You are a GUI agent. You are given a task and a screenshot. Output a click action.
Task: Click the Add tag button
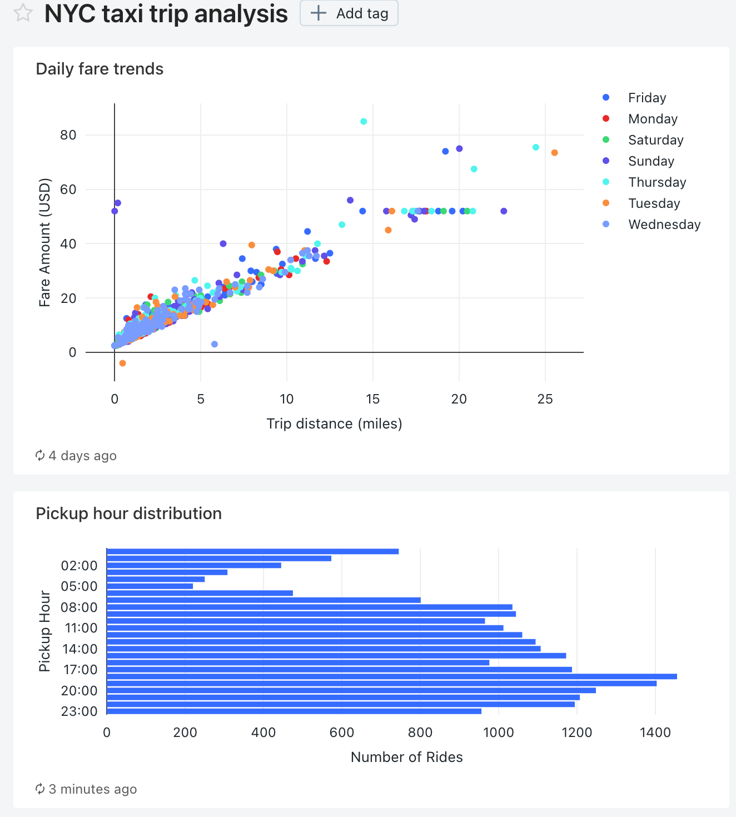coord(349,13)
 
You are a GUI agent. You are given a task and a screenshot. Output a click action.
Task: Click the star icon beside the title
coord(23,13)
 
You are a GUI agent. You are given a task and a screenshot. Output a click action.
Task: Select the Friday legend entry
coord(647,98)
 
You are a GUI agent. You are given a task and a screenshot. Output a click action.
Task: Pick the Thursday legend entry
coord(657,182)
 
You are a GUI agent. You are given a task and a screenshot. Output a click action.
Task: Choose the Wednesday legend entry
coord(664,225)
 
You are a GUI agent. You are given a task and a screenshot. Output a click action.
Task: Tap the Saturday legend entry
coord(655,140)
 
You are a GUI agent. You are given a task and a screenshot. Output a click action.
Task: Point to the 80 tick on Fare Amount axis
coord(68,135)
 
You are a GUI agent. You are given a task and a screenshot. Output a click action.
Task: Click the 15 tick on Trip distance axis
coord(372,399)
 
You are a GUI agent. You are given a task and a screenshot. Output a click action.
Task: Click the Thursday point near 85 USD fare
coord(364,121)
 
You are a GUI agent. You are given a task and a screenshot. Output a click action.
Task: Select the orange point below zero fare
coord(122,363)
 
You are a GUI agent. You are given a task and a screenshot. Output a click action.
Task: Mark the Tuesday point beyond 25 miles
coord(554,153)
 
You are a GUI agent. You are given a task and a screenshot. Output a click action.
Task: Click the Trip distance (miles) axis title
coord(334,424)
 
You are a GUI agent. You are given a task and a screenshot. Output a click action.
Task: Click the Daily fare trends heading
coord(100,69)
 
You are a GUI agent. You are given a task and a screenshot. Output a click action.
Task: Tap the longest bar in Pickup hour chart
coord(391,676)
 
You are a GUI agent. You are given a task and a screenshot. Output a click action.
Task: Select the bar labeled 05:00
coord(150,586)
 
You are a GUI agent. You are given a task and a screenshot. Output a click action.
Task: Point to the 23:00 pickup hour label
coord(79,711)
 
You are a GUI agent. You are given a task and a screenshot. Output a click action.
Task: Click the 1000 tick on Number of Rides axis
coord(499,733)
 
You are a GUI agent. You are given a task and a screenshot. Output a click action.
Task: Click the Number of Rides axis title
coord(406,757)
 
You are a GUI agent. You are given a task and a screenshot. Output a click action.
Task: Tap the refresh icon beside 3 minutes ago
coord(40,789)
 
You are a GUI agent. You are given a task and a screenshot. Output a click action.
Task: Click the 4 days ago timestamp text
coord(82,456)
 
